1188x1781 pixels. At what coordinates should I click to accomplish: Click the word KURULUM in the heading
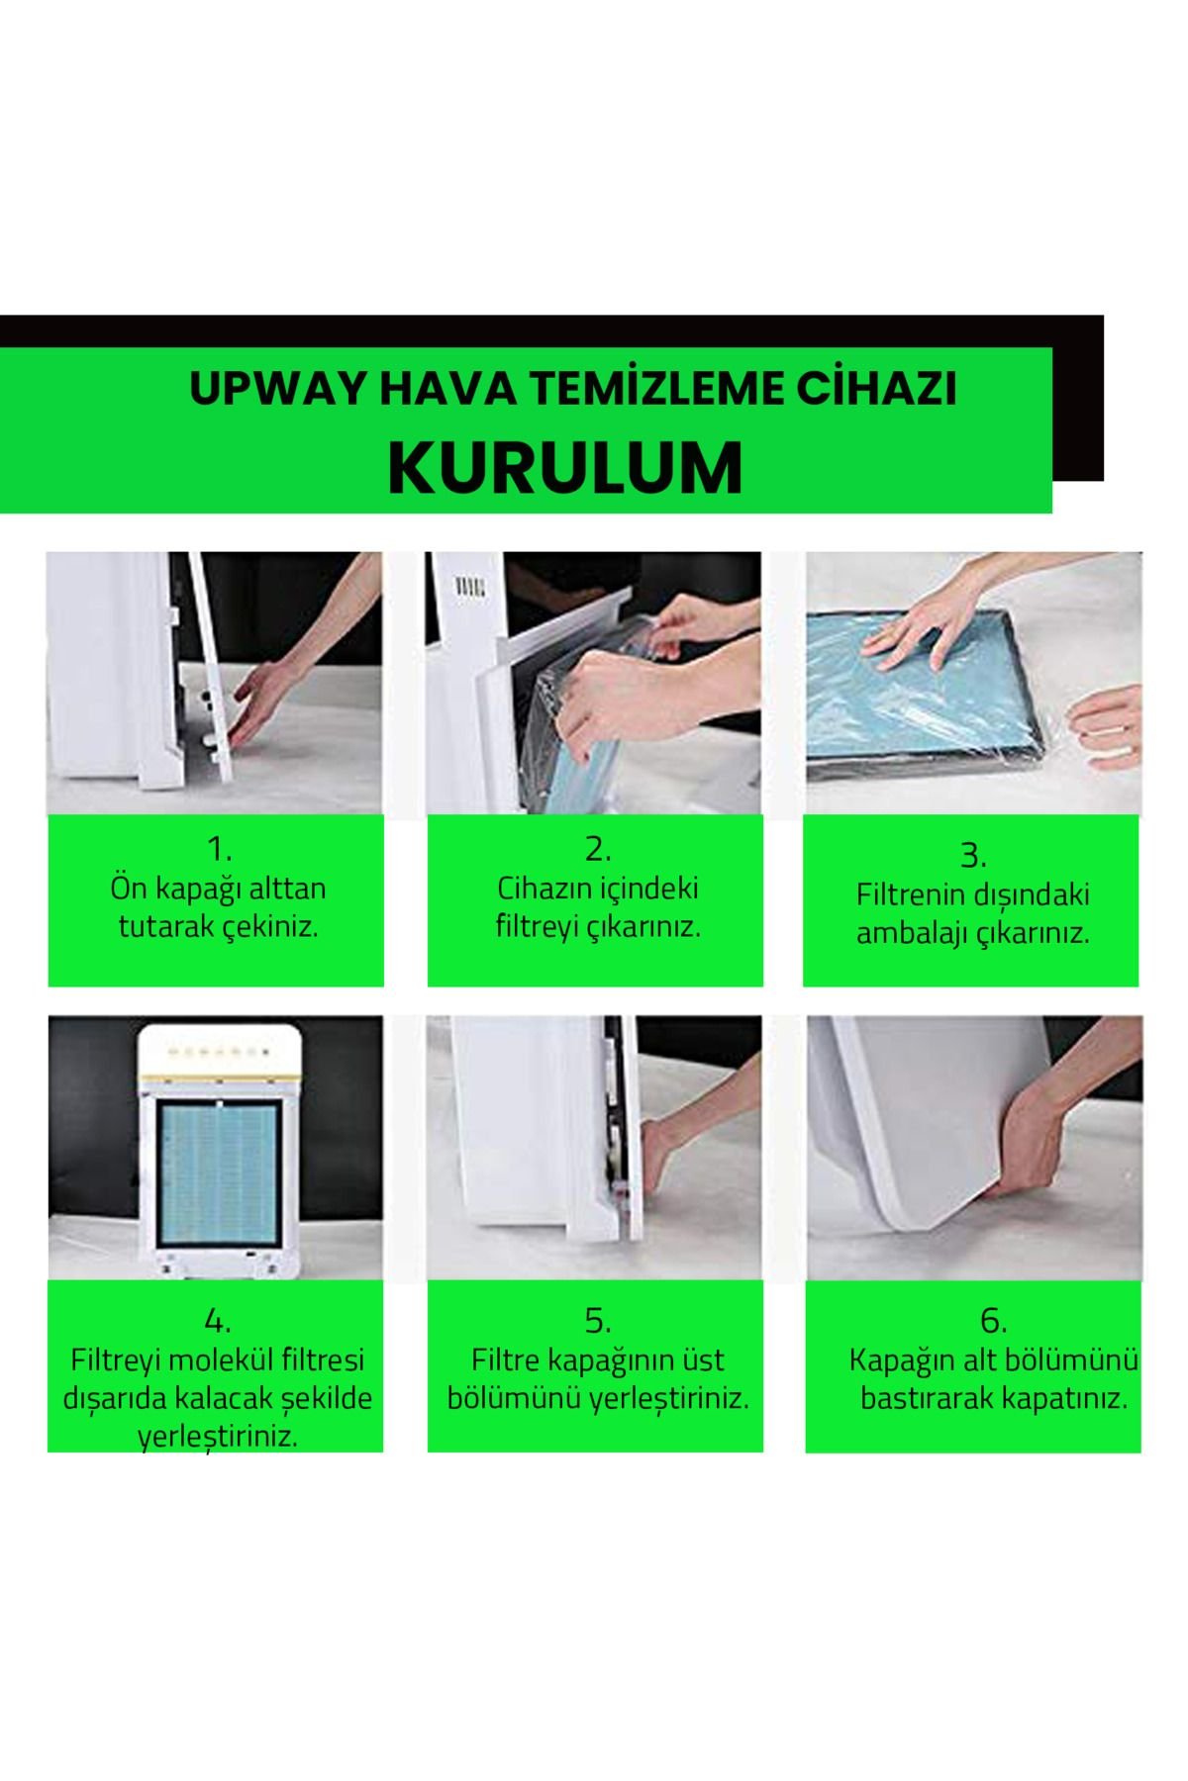pos(565,467)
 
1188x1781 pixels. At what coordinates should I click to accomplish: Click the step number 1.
pos(219,849)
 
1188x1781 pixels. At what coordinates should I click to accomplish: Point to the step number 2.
pos(598,849)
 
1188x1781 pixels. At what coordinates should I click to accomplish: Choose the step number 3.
pos(973,855)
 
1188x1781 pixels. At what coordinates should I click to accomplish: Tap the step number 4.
pos(218,1321)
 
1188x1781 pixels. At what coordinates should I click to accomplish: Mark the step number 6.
pos(993,1321)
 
